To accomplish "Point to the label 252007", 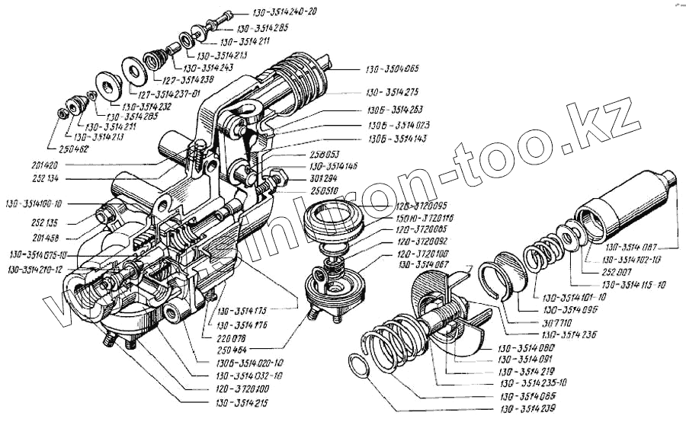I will click(x=601, y=271).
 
